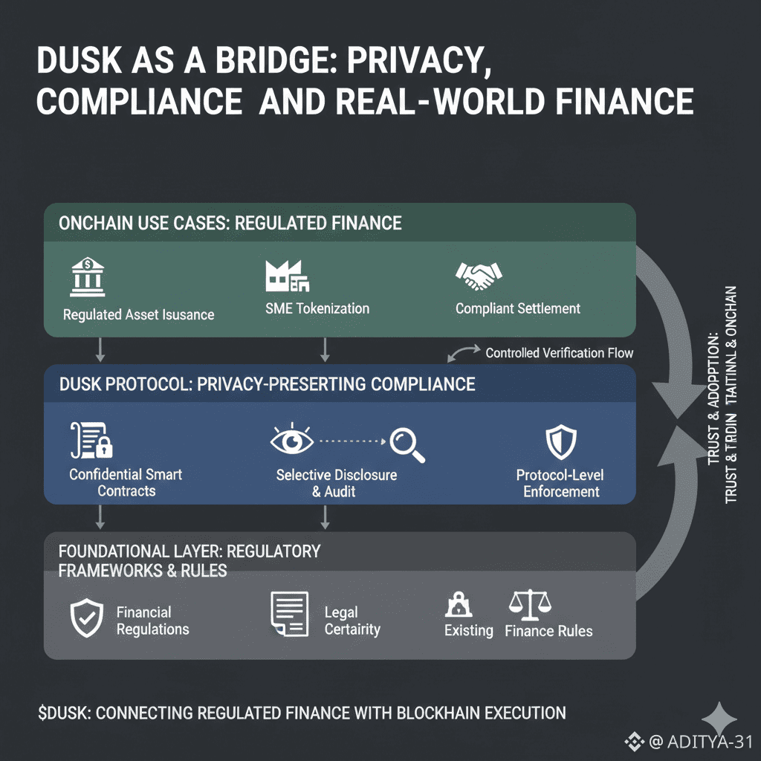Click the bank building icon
point(87,276)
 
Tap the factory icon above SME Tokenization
point(287,276)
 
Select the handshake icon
point(477,276)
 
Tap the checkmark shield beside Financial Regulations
point(86,619)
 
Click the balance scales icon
point(529,606)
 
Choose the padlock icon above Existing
point(457,605)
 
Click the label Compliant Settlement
point(518,308)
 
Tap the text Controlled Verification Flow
point(559,353)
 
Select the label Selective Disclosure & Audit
point(337,483)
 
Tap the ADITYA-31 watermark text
point(710,741)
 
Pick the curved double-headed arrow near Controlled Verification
point(464,352)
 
